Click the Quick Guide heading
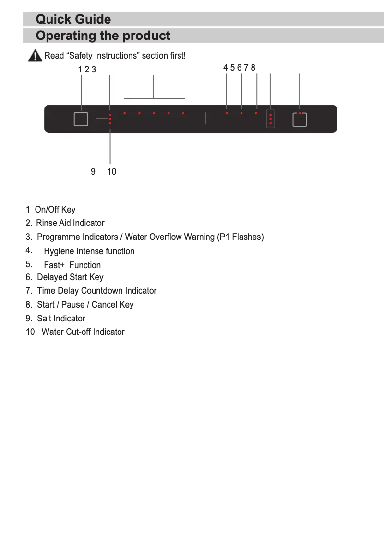[73, 19]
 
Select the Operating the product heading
[103, 36]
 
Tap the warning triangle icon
[35, 56]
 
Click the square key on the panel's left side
[81, 119]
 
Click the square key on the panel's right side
[300, 119]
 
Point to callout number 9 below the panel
[93, 171]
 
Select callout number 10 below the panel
[111, 171]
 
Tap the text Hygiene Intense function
[89, 251]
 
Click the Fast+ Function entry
[72, 265]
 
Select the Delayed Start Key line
[70, 277]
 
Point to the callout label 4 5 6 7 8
[239, 68]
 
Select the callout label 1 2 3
[87, 70]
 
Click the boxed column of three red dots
[271, 119]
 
